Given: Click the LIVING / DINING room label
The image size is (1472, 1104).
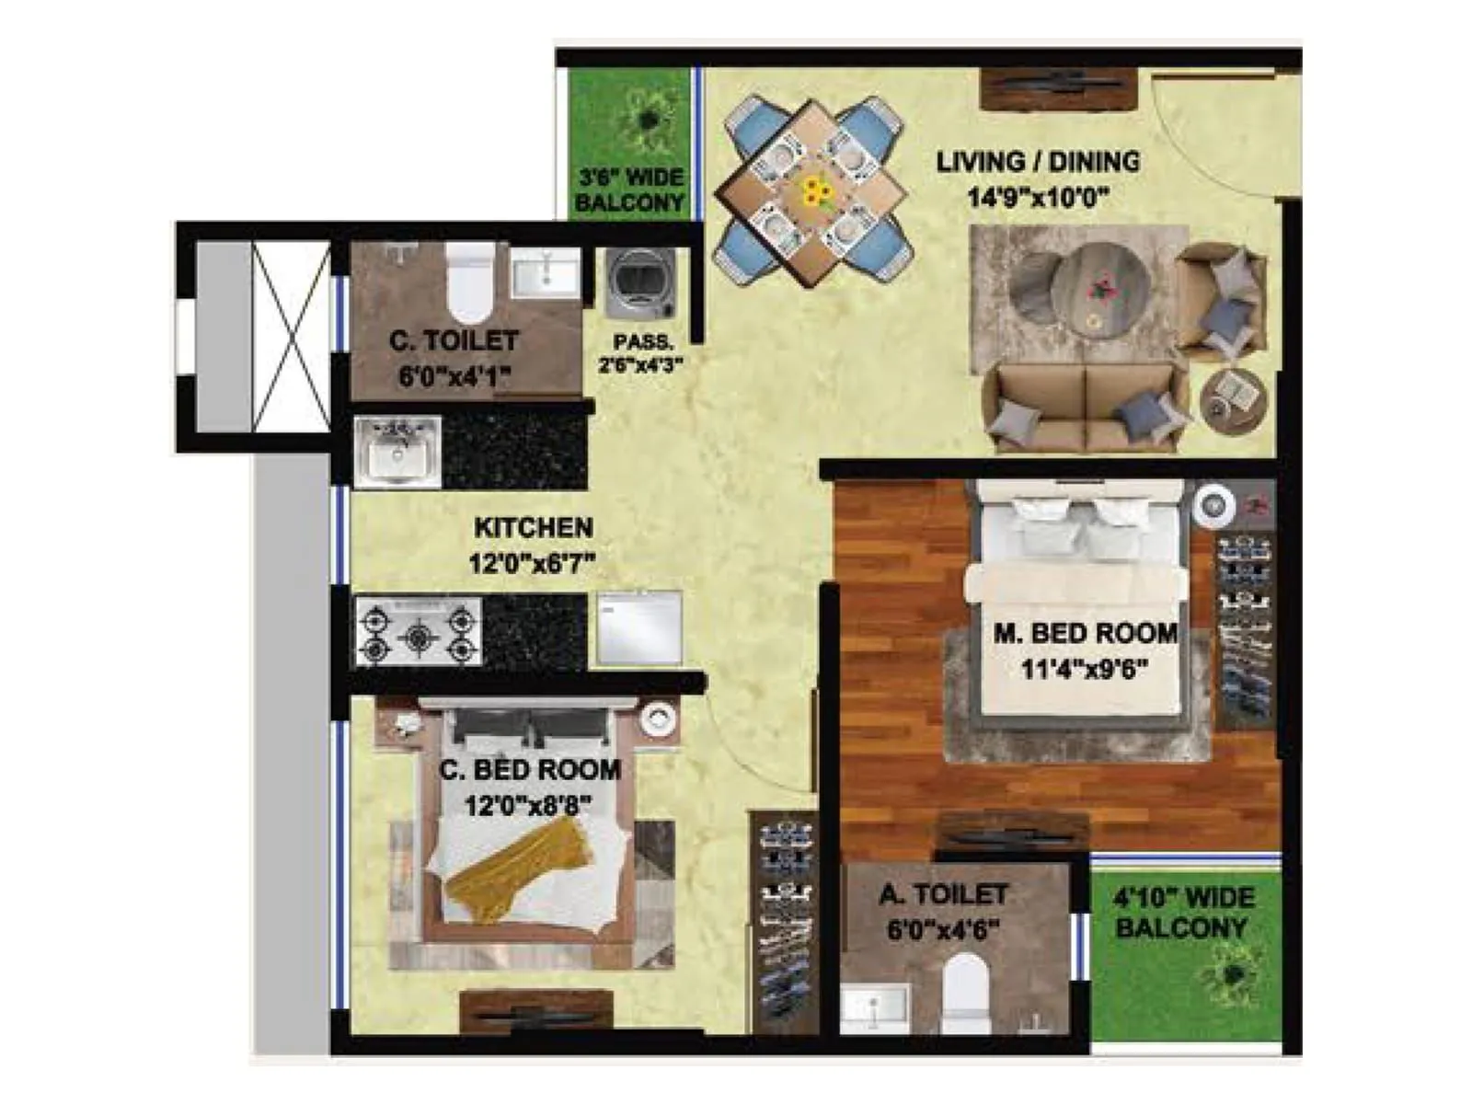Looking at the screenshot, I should coord(1038,162).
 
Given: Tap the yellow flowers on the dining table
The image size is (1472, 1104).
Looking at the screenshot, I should coord(813,192).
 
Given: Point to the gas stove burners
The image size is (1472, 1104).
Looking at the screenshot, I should coord(419,631).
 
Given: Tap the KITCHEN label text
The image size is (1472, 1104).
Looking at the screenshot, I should coord(533,528).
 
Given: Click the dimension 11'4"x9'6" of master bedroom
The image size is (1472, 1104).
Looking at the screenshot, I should coord(1085,668).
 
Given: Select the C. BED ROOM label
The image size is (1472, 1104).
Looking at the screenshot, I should coord(529,769).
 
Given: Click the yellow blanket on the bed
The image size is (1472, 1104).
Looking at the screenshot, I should coord(515,869).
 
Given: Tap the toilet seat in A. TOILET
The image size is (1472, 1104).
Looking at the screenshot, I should coord(964,989).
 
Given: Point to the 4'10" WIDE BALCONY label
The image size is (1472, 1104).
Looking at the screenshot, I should coord(1182,913).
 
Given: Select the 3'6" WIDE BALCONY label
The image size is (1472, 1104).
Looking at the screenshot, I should coord(629,190).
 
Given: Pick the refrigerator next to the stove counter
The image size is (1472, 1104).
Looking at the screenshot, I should coord(639,627).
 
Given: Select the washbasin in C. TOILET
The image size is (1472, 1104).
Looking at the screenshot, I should coord(546,272).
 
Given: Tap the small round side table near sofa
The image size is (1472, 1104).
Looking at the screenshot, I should coord(1233,398).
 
